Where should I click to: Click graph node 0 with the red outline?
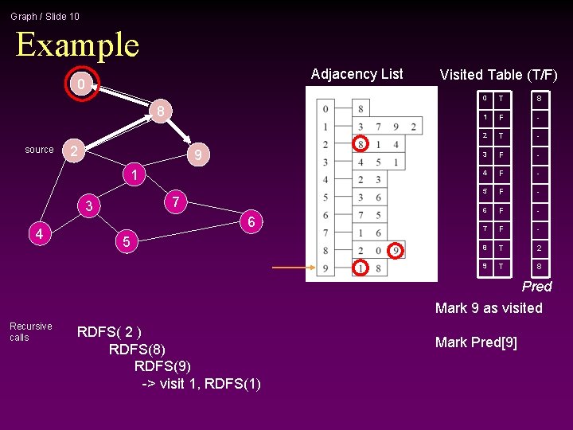click(x=78, y=84)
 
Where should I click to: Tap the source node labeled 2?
click(x=73, y=150)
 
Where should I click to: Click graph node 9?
click(x=201, y=154)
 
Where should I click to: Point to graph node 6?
click(x=251, y=222)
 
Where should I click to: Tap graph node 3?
click(x=89, y=207)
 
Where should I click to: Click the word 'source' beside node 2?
click(x=39, y=150)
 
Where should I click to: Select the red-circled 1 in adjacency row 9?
click(x=361, y=268)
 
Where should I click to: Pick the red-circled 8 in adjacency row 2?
click(x=361, y=144)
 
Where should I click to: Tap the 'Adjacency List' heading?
click(x=357, y=74)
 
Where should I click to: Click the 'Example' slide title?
click(x=77, y=45)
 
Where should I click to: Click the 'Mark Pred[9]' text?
click(x=476, y=342)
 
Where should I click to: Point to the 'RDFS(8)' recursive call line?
click(x=137, y=349)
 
